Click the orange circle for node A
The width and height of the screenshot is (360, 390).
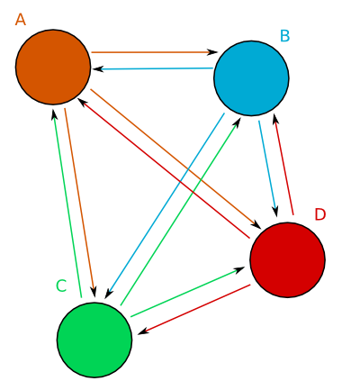[53, 67]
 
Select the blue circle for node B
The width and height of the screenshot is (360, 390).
[251, 78]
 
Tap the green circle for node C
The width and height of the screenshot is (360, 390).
[94, 340]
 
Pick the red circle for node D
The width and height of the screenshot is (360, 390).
[288, 260]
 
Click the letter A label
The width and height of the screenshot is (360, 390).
[21, 20]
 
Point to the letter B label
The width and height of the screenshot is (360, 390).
[285, 36]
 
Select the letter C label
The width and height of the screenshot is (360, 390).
[61, 286]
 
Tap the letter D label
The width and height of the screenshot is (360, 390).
[320, 214]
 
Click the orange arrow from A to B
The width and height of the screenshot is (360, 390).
[155, 52]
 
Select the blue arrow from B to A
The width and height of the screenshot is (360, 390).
[153, 68]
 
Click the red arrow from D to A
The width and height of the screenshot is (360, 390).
[164, 168]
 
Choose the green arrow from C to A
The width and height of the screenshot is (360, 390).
[67, 204]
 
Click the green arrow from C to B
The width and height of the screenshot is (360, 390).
[181, 211]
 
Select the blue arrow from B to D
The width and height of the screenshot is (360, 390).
[268, 168]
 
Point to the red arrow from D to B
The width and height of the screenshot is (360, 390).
[283, 165]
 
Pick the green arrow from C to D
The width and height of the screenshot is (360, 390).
[188, 292]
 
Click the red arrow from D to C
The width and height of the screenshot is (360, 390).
[194, 309]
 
